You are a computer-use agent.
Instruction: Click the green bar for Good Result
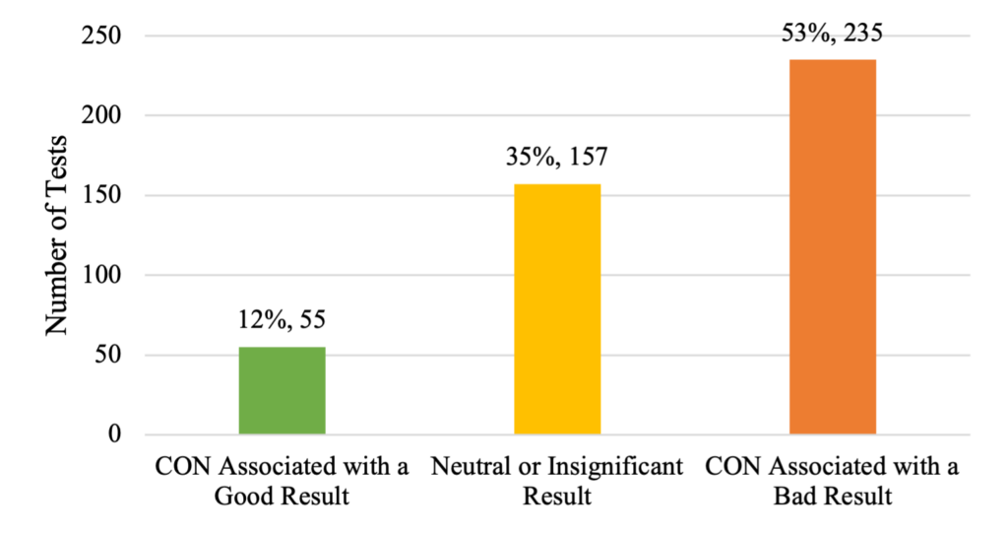(283, 390)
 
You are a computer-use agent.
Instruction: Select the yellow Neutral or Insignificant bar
(557, 309)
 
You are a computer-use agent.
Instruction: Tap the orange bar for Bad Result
(833, 247)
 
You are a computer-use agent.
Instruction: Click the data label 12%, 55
(283, 320)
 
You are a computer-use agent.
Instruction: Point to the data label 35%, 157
(557, 157)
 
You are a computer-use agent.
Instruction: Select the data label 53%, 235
(833, 33)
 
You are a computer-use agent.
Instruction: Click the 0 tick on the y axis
(114, 434)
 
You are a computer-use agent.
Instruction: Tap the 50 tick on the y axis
(108, 355)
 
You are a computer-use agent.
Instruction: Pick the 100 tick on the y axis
(101, 275)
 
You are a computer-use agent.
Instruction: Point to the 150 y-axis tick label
(101, 195)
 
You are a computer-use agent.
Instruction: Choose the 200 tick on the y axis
(101, 115)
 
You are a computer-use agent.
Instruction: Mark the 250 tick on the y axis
(101, 35)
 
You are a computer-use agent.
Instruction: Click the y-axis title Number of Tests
(56, 234)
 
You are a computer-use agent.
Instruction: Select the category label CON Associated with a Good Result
(283, 481)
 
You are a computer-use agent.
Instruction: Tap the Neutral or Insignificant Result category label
(557, 481)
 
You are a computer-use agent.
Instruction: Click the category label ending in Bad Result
(833, 481)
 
